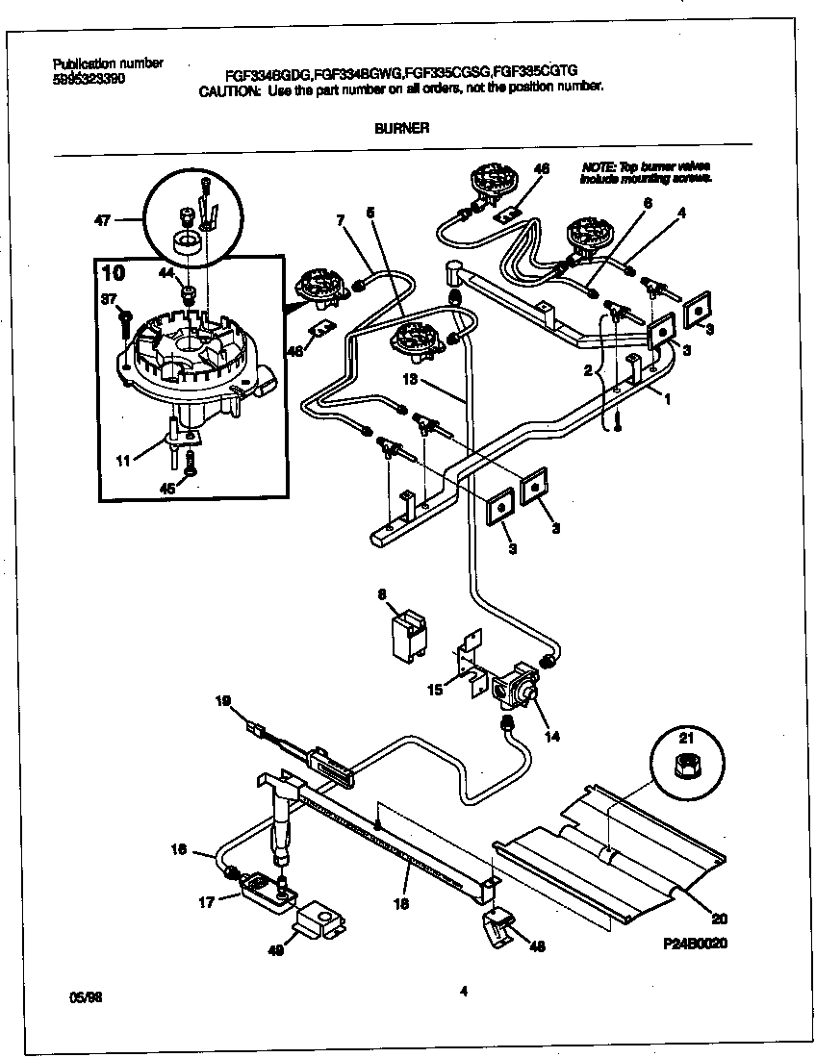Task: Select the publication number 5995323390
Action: point(88,80)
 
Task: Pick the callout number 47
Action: point(103,220)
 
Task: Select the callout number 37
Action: point(109,298)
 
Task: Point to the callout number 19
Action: point(223,703)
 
